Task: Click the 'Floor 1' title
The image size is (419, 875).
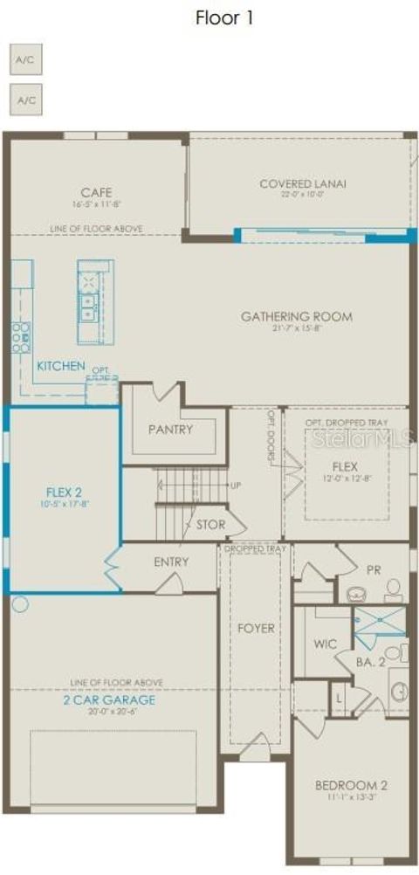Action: (224, 17)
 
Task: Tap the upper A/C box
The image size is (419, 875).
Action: (25, 61)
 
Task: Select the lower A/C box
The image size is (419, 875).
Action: (25, 100)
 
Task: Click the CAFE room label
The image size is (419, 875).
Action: (96, 192)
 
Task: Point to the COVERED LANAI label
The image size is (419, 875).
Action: (302, 183)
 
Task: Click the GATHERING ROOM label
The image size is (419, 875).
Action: (297, 316)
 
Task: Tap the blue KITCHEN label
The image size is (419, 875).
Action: (60, 366)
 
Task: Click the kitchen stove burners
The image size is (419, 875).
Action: (20, 336)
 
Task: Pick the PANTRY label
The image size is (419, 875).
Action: (170, 429)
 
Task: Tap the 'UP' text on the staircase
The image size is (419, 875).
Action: (235, 485)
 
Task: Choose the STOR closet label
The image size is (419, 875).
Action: (210, 525)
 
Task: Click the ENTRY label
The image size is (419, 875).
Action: (171, 562)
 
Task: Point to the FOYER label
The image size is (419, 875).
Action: (256, 628)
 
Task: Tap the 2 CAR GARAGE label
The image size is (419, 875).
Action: (108, 699)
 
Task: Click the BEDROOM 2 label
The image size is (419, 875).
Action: (351, 785)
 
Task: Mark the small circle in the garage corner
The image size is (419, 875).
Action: (21, 603)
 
